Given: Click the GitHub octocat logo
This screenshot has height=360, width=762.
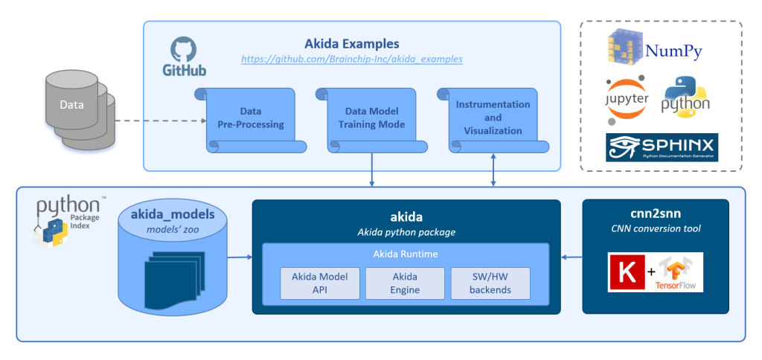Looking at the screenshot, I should point(183,51).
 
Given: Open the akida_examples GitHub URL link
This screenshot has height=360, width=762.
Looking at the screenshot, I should point(351,59).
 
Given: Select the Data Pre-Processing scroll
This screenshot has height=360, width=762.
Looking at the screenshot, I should point(251,118).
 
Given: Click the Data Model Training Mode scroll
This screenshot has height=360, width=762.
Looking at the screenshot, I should point(371,118).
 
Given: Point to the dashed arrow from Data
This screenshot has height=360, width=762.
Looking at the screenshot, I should point(161,120).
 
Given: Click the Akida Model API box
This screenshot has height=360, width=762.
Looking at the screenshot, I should point(318,283).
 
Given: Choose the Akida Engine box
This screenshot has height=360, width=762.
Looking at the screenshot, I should point(405,283).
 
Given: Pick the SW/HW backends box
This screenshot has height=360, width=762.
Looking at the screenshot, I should point(490,283).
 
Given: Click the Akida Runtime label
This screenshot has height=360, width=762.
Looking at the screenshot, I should point(405,254).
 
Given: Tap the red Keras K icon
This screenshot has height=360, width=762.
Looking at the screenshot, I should point(625,271).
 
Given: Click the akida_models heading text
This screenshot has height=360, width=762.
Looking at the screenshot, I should point(173,214).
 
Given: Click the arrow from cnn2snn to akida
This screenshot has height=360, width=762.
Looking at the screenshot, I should point(571,257).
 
